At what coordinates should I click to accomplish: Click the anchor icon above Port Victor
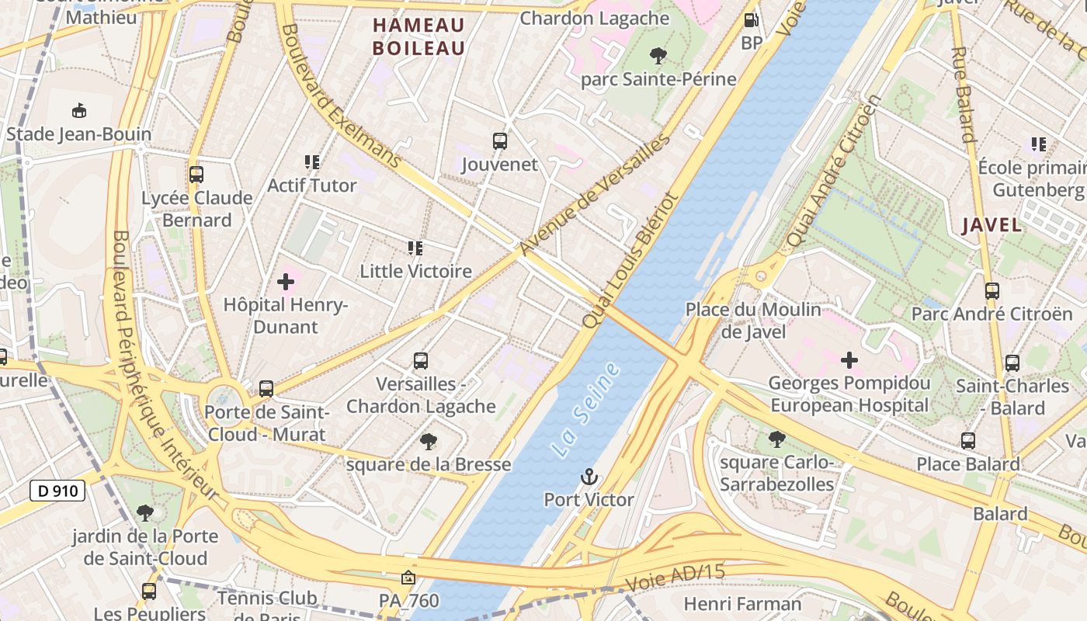pos(589,477)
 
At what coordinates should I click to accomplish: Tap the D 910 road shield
pos(57,491)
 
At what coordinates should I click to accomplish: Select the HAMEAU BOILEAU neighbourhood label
pos(418,36)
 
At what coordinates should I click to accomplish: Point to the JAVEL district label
pos(991,225)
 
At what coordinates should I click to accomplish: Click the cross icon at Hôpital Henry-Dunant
pos(286,282)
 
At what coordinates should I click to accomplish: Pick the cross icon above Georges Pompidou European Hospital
pos(849,359)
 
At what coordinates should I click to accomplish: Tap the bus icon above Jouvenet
pos(500,141)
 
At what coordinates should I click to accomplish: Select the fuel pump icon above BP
pos(751,21)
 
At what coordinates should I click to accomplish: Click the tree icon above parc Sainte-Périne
pos(658,56)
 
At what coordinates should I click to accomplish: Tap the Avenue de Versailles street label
pos(594,195)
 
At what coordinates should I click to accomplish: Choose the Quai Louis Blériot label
pos(630,261)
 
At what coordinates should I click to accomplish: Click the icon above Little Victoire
pos(415,248)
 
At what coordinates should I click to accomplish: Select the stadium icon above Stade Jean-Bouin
pos(78,111)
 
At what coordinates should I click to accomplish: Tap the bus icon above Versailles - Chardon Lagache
pos(421,361)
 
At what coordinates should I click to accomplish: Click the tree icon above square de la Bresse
pos(428,442)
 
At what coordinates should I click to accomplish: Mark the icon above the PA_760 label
pos(408,578)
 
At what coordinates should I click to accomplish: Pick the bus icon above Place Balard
pos(968,441)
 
